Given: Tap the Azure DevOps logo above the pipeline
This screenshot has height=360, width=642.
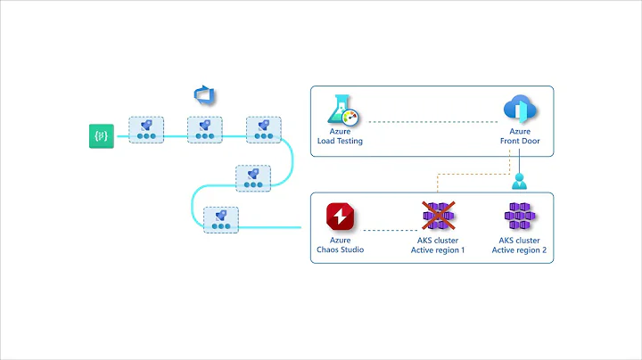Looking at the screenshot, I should point(206,95).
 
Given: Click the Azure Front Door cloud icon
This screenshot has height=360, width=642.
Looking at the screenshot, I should point(520,110).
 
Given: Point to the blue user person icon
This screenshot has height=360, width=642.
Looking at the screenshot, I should point(520,182).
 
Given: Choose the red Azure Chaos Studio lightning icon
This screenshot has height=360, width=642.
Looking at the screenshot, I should point(341,217).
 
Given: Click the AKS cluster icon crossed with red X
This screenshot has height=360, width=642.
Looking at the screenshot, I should point(438,217).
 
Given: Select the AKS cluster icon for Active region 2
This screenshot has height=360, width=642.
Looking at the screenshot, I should point(519,217).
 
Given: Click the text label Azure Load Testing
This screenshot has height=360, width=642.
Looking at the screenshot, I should point(340,137).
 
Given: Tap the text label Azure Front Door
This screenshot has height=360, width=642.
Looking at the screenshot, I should point(520,137).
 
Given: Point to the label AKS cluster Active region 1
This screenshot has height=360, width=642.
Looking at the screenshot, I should point(438,245).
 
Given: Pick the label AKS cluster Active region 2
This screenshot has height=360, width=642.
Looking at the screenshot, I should point(519,245).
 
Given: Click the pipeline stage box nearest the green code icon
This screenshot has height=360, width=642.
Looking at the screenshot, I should point(144,130).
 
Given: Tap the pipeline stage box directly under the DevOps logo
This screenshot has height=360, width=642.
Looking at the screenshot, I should point(204,129).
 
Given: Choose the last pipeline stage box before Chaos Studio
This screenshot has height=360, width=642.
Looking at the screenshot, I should point(220,219).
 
